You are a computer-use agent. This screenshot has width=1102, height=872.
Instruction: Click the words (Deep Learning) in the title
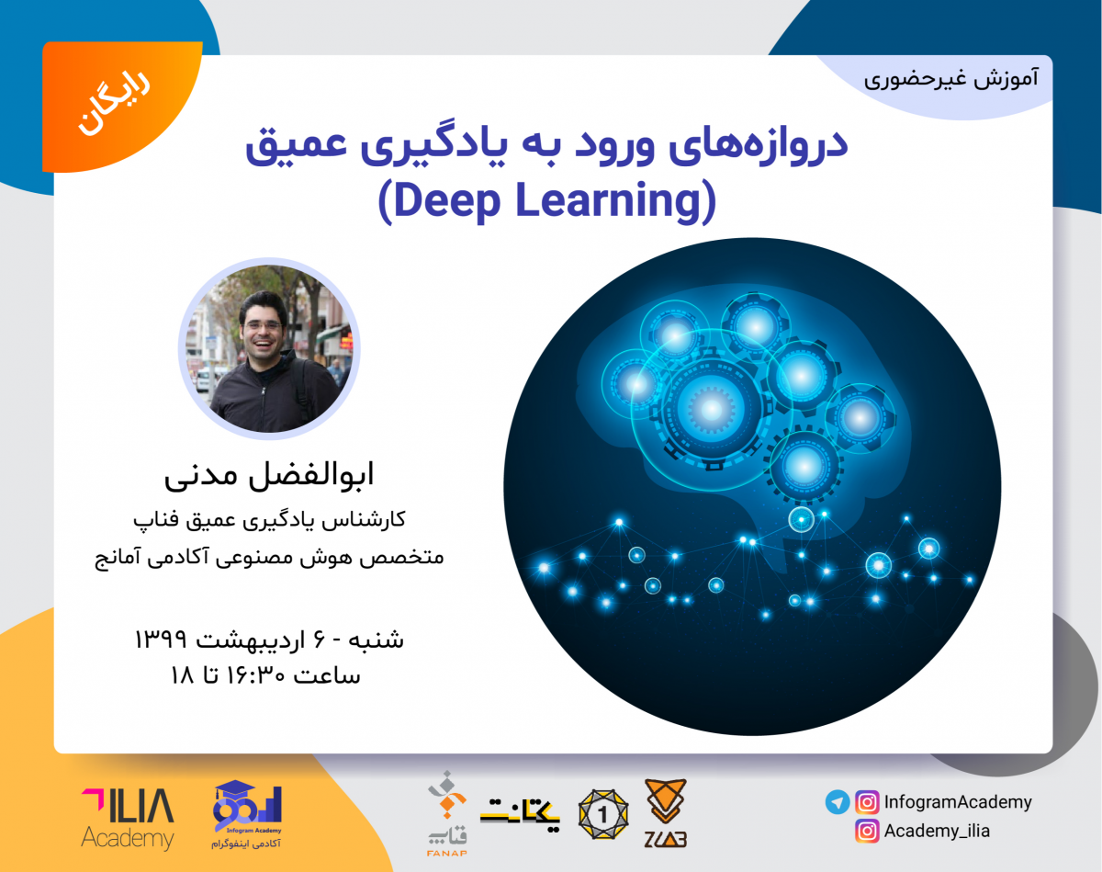545,201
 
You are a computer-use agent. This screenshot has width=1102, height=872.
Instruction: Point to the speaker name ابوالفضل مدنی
269,478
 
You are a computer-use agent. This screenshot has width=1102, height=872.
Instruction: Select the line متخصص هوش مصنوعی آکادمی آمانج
269,558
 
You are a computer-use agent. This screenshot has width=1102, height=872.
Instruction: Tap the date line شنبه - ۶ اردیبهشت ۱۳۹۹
269,637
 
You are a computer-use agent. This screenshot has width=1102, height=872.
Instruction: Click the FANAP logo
445,809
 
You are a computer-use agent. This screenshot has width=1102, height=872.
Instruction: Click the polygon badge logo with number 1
603,812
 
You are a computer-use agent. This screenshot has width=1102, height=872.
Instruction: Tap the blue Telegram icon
837,802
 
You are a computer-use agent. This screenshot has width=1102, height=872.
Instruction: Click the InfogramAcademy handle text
958,802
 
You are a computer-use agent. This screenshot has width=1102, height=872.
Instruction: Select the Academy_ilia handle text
937,832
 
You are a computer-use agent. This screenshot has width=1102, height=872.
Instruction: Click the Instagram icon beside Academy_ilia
866,832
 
